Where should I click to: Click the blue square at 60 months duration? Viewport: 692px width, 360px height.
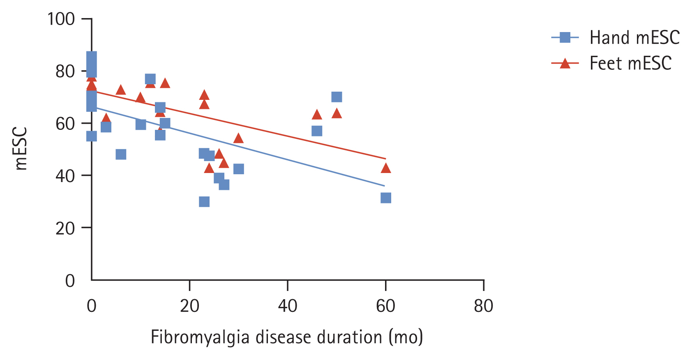385,198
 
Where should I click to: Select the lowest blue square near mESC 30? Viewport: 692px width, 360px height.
204,202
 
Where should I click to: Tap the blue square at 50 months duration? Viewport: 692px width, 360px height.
337,97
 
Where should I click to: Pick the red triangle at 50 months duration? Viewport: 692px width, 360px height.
337,113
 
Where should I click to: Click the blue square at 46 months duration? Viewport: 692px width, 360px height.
317,131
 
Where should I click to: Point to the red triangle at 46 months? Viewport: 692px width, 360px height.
317,115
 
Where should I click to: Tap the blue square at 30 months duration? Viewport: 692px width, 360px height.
238,169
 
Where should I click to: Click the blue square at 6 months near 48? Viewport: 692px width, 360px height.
121,155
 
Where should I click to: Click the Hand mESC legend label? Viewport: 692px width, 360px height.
634,38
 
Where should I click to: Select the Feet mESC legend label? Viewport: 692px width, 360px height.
630,63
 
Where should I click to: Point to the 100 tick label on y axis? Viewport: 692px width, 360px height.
61,19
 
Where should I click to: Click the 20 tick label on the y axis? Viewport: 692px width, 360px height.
65,228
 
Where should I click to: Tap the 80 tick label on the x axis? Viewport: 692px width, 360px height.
484,306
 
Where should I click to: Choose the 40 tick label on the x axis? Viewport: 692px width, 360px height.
288,306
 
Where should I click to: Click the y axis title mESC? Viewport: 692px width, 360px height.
21,148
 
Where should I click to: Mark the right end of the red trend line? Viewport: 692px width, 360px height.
385,159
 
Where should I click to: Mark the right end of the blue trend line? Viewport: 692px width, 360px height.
384,186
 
